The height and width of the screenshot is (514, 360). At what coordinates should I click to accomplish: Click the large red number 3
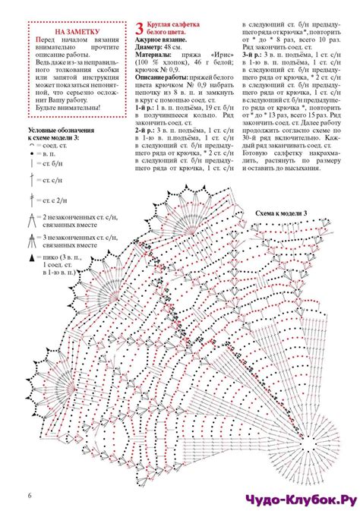coord(140,30)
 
